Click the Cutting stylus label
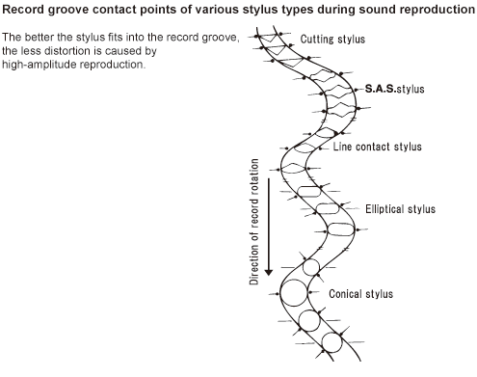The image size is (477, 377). click(332, 40)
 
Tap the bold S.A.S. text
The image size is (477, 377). click(381, 89)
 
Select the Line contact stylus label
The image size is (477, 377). click(377, 147)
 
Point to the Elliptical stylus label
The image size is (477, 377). click(400, 209)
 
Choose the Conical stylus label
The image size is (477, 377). click(360, 294)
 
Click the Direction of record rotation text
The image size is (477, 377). click(253, 222)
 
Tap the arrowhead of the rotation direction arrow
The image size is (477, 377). click(269, 272)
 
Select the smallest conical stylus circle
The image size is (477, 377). click(311, 260)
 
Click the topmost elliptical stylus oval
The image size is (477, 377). click(309, 187)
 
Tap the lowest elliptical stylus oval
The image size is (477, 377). click(341, 225)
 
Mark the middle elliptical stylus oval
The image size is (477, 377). click(328, 204)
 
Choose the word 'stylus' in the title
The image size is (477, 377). click(260, 10)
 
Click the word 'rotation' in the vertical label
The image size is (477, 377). click(253, 176)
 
